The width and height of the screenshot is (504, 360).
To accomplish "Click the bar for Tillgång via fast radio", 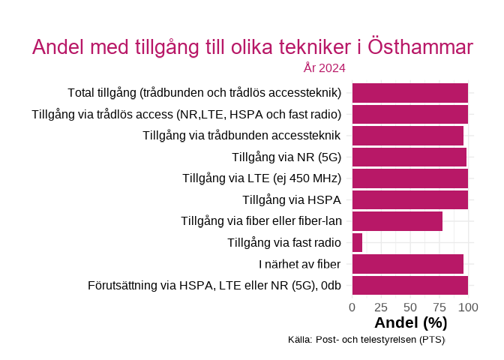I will [357, 242].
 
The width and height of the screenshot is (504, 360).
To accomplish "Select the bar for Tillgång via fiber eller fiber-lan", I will [397, 221].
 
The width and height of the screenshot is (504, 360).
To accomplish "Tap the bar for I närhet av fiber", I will [407, 264].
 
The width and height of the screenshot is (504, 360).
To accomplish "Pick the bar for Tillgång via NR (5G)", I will [409, 157].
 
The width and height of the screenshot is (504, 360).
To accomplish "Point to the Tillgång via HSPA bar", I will [409, 199].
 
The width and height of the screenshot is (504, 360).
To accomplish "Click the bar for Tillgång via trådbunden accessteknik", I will [407, 136].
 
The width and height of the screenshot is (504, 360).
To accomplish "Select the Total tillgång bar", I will [409, 93].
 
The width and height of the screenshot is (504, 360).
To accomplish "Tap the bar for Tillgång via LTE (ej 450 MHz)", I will [409, 178].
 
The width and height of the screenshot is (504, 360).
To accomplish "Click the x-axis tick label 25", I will [381, 307].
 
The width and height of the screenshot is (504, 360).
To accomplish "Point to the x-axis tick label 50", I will [410, 307].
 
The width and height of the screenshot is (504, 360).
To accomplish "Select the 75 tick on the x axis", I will [439, 307].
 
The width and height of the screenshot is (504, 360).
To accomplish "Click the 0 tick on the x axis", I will [352, 307].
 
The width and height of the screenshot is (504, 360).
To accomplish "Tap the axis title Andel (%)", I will [410, 323].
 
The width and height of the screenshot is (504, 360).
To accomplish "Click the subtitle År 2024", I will [324, 68].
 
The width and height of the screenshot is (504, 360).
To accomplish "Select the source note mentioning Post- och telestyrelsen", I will [366, 340].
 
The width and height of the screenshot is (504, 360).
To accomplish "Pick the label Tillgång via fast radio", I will [283, 242].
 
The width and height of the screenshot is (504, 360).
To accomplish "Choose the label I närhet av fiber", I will [299, 264].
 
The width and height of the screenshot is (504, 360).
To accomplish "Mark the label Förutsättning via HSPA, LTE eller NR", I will [214, 286].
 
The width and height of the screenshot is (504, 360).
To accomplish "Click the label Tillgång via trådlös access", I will [186, 114].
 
